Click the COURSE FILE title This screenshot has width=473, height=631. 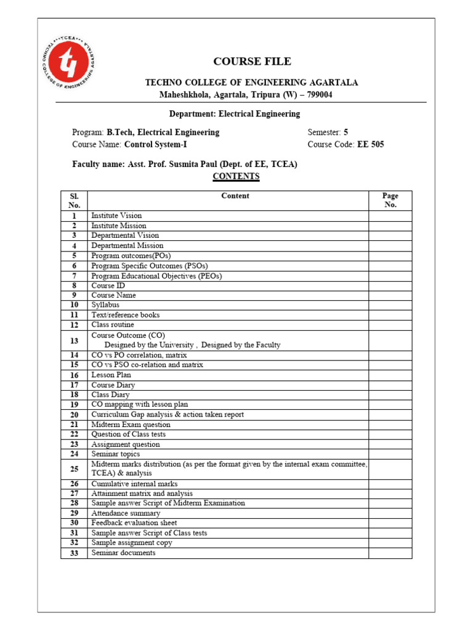[252, 61]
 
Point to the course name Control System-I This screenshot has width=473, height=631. [155, 144]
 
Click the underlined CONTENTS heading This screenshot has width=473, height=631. [236, 176]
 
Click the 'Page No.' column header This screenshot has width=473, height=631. [390, 200]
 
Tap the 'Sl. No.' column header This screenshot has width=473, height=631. [74, 200]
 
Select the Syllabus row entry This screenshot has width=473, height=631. [105, 305]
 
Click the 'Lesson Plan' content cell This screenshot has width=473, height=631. [111, 375]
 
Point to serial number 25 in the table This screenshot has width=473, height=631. [74, 469]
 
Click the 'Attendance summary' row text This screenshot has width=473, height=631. [126, 513]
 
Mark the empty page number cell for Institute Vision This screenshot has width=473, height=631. [390, 216]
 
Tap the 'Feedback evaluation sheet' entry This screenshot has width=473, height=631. [135, 523]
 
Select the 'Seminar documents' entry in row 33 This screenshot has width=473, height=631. [123, 553]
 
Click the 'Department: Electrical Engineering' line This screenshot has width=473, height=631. [235, 114]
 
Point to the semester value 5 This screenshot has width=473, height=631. [346, 132]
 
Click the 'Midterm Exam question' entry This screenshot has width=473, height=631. [131, 425]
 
